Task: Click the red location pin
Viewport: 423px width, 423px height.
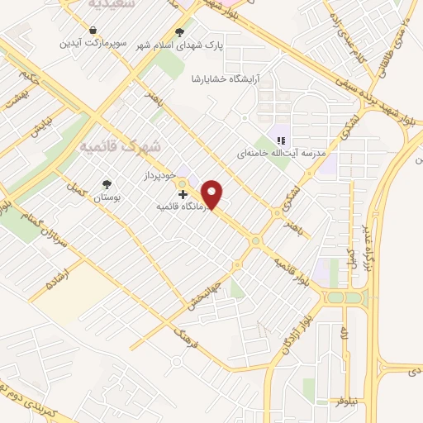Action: [213, 195]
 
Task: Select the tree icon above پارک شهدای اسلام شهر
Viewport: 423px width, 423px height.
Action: [180, 33]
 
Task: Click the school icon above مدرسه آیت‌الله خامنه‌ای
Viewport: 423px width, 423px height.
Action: [280, 140]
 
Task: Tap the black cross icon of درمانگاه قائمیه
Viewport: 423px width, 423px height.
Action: [183, 194]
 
